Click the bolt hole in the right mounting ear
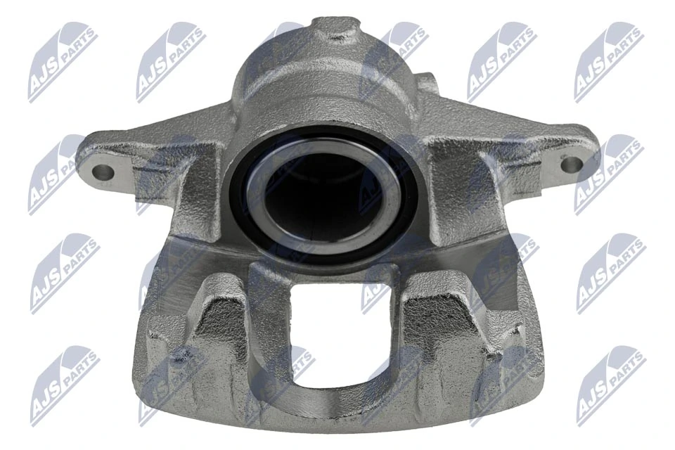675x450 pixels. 572,165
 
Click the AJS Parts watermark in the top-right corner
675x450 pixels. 607,60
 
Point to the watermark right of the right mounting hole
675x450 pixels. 609,173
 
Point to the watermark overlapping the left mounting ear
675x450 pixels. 60,173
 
